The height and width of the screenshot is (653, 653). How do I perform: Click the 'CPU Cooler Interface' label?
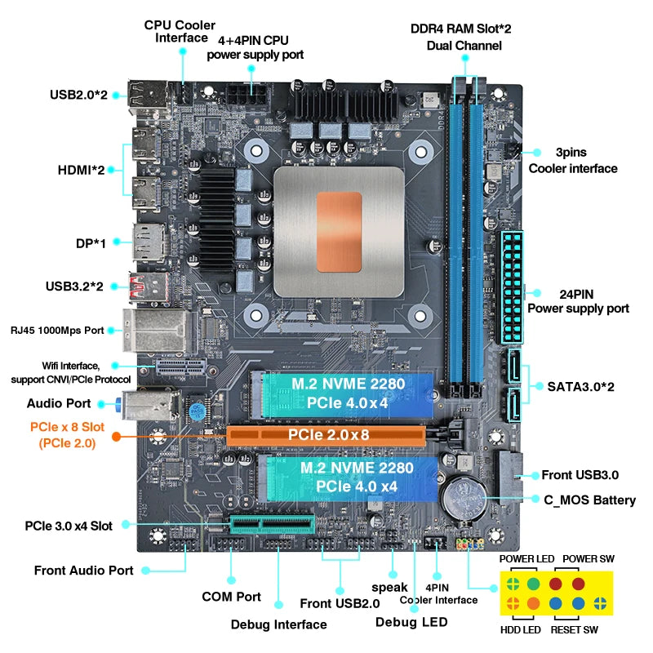(180, 31)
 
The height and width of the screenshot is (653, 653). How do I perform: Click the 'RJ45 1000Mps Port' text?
(57, 330)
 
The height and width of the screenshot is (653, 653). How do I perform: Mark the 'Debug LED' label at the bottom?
(411, 622)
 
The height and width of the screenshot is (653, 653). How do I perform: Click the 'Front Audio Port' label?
(83, 571)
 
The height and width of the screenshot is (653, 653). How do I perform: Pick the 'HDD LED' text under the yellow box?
(520, 630)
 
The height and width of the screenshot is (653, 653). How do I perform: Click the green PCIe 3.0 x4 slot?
(273, 523)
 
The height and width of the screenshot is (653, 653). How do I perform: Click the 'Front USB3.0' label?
(580, 475)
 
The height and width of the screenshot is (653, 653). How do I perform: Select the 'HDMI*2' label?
(81, 170)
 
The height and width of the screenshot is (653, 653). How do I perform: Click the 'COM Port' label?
(231, 597)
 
